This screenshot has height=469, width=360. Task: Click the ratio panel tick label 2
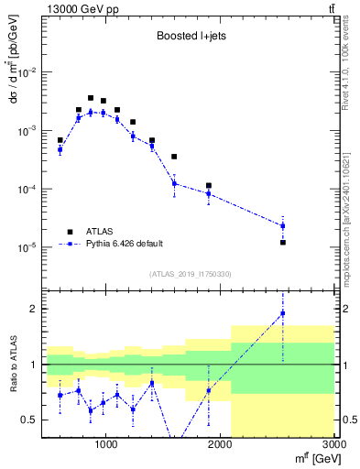pyautogui.click(x=33, y=309)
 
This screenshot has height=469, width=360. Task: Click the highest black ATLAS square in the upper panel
pyautogui.click(x=91, y=98)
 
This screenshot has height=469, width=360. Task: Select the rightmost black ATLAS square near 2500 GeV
pyautogui.click(x=283, y=243)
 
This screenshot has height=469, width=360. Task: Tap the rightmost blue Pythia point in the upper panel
pyautogui.click(x=283, y=225)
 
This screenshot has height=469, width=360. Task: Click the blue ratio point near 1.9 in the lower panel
pyautogui.click(x=283, y=313)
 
